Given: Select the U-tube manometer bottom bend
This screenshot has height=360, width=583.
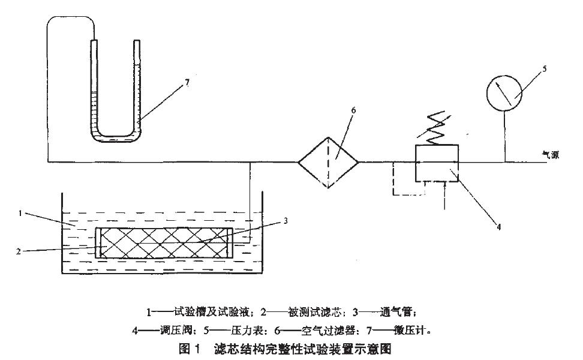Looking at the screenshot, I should pyautogui.click(x=115, y=139).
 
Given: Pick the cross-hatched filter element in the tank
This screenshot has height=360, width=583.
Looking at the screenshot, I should pyautogui.click(x=163, y=242).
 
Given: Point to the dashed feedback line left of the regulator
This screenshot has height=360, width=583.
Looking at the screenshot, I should pyautogui.click(x=393, y=180).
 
